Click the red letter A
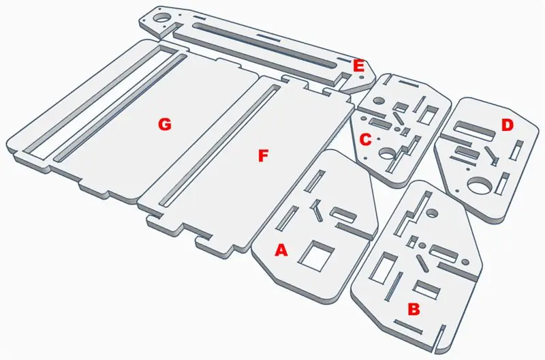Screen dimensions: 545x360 [281, 250]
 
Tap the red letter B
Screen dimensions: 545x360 [414, 310]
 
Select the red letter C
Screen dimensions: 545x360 [365, 140]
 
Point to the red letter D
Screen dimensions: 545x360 [507, 125]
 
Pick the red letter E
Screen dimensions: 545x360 [358, 65]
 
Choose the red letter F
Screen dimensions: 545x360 [263, 156]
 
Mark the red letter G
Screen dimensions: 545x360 [164, 124]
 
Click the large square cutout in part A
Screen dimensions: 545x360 [317, 256]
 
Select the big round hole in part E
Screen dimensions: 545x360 [161, 18]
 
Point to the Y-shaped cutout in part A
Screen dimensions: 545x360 [316, 210]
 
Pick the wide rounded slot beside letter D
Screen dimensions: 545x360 [475, 131]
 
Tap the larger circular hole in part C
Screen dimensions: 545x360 [388, 153]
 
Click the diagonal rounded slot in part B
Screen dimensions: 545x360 [422, 263]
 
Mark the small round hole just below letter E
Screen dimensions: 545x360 [361, 77]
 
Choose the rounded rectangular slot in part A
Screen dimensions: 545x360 [343, 215]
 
